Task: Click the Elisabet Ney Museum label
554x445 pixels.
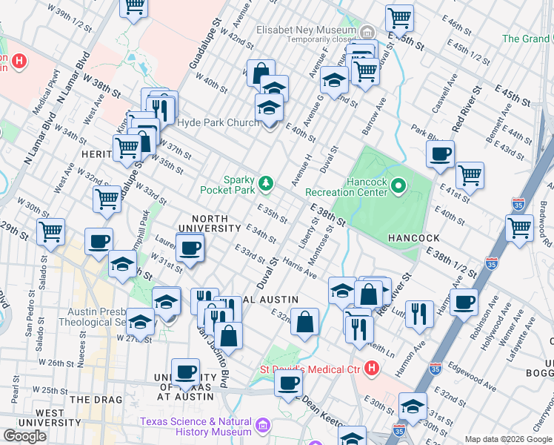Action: tap(305, 30)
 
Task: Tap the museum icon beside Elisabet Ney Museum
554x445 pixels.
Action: tap(368, 30)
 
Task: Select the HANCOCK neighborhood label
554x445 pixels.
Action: tap(413, 238)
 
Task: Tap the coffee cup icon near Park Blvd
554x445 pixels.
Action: tap(440, 154)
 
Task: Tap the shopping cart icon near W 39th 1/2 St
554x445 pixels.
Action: tap(134, 7)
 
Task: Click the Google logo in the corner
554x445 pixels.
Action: tap(24, 436)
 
